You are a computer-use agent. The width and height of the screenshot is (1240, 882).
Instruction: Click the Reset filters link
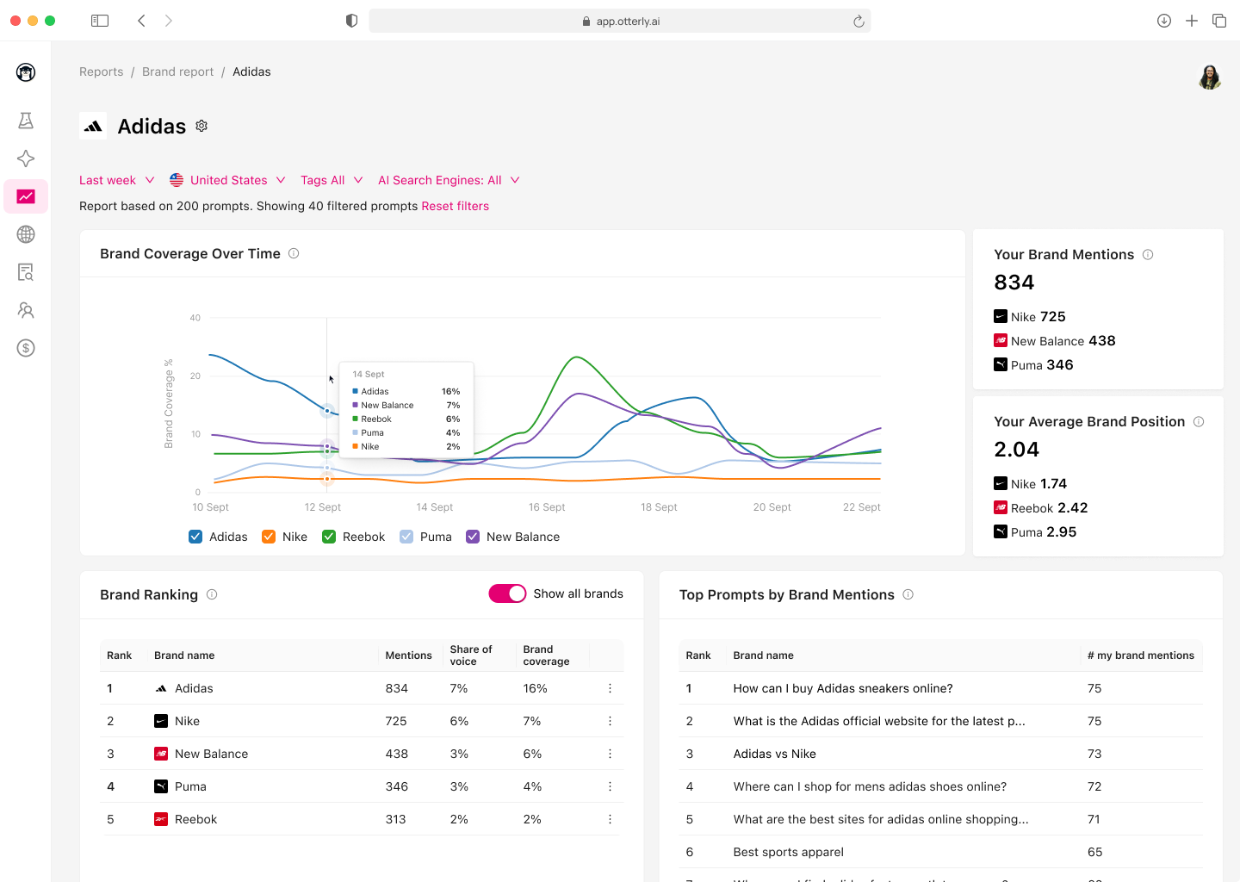point(455,206)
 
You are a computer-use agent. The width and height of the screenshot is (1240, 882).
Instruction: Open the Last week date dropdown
point(116,180)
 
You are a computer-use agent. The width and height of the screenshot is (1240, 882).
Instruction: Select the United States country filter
point(227,180)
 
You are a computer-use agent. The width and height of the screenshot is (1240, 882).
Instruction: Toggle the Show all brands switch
point(507,593)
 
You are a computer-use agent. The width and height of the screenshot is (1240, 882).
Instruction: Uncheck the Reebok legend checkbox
point(329,537)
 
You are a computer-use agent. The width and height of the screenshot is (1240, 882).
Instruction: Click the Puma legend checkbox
point(406,537)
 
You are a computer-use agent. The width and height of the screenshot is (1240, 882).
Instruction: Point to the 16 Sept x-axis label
point(547,507)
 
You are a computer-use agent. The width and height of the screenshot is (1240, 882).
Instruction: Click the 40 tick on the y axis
point(195,318)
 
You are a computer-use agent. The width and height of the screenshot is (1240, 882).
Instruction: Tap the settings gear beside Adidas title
point(201,126)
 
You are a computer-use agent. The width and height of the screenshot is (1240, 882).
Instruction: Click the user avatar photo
point(1210,77)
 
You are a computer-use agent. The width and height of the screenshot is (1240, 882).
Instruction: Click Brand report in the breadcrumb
point(177,71)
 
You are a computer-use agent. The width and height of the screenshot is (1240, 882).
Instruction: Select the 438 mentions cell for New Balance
point(396,754)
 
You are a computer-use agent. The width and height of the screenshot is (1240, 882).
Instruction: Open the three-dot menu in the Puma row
point(610,786)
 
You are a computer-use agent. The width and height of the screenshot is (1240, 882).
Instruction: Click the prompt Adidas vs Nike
point(774,754)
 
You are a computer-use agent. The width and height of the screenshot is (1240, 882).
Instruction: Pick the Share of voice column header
point(471,655)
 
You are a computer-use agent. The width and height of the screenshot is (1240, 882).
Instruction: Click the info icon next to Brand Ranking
point(212,594)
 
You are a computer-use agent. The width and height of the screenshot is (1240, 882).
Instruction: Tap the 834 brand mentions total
point(1014,283)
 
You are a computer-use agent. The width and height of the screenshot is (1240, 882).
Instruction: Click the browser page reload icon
point(859,22)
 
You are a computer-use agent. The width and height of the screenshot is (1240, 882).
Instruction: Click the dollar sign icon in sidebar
point(26,348)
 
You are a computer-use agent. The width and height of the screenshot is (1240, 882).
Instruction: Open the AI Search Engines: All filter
point(448,180)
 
